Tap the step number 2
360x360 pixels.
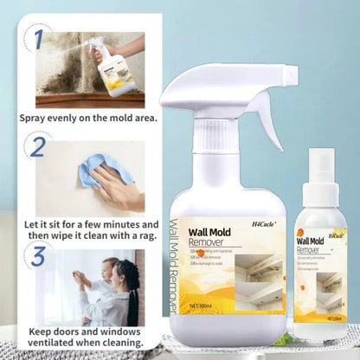36,149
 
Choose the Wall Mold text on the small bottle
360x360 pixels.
310,241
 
